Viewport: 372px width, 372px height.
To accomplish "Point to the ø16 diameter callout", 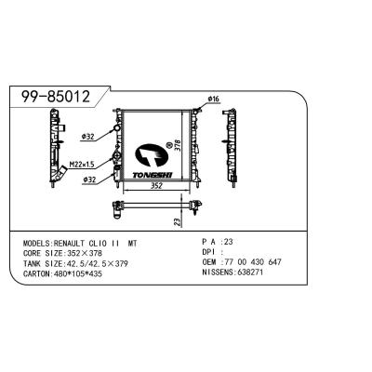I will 213,99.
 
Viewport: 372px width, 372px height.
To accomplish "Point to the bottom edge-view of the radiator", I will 153,202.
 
